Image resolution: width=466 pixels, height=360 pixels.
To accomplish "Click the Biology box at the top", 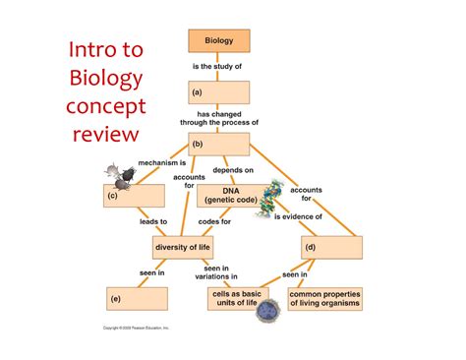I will (218, 41).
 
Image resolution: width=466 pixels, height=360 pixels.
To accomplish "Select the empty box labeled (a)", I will (218, 92).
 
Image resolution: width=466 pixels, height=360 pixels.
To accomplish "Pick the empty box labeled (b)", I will (218, 144).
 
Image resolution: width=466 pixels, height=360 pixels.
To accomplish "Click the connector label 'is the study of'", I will (217, 67).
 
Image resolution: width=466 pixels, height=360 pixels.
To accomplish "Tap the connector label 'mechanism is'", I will (162, 160).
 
